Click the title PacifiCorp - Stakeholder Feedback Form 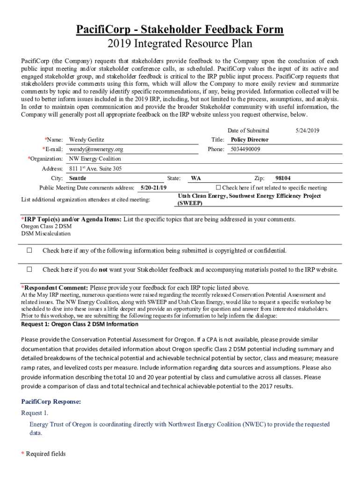click(180, 30)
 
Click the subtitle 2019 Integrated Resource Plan click(180, 44)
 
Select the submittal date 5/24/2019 click(307, 131)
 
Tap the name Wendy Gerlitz click(86, 139)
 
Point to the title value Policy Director click(250, 139)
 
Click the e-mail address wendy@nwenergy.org click(96, 149)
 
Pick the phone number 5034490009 click(245, 149)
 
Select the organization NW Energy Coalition click(95, 159)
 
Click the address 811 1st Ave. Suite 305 click(95, 169)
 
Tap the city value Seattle click(78, 178)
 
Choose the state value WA click(196, 178)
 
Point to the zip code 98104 click(283, 178)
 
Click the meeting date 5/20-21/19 click(153, 188)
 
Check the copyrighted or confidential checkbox click(29, 250)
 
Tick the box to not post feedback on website click(29, 269)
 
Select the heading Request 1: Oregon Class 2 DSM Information click(79, 324)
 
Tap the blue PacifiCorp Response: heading click(51, 401)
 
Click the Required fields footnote click(46, 454)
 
